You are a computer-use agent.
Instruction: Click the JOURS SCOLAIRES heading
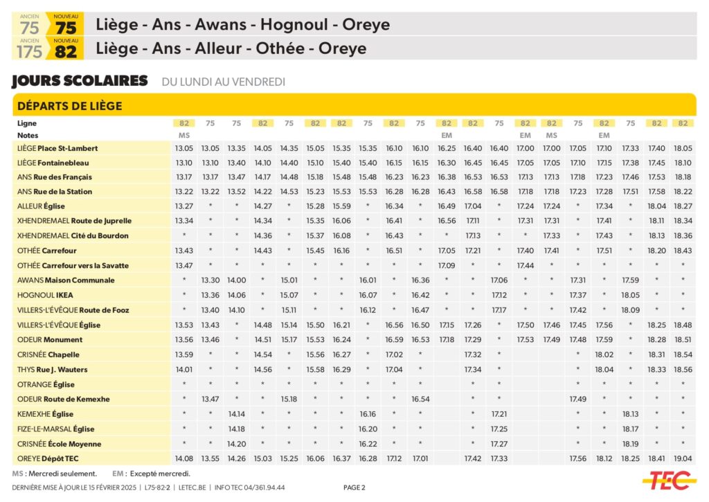(80, 81)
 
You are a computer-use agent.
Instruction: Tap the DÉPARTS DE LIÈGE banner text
(69, 106)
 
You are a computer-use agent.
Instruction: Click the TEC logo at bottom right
(668, 479)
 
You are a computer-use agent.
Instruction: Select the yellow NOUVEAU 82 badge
(65, 48)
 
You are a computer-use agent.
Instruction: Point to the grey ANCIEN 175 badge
(29, 48)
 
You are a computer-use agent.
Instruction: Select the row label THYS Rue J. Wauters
(53, 369)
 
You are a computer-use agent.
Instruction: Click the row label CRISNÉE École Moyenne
(59, 444)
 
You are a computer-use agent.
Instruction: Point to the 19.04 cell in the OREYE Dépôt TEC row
(683, 459)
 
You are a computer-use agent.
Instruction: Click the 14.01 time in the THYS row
(184, 369)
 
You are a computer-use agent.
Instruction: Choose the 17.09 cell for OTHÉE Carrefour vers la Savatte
(447, 265)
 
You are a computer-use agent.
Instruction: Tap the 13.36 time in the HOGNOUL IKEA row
(210, 295)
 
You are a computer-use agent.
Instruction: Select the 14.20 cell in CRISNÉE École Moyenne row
(237, 444)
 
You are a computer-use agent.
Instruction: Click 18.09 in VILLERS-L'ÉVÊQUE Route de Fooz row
(630, 310)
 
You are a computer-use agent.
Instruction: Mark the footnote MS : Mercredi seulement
(55, 474)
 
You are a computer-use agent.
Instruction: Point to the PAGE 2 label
(354, 487)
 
